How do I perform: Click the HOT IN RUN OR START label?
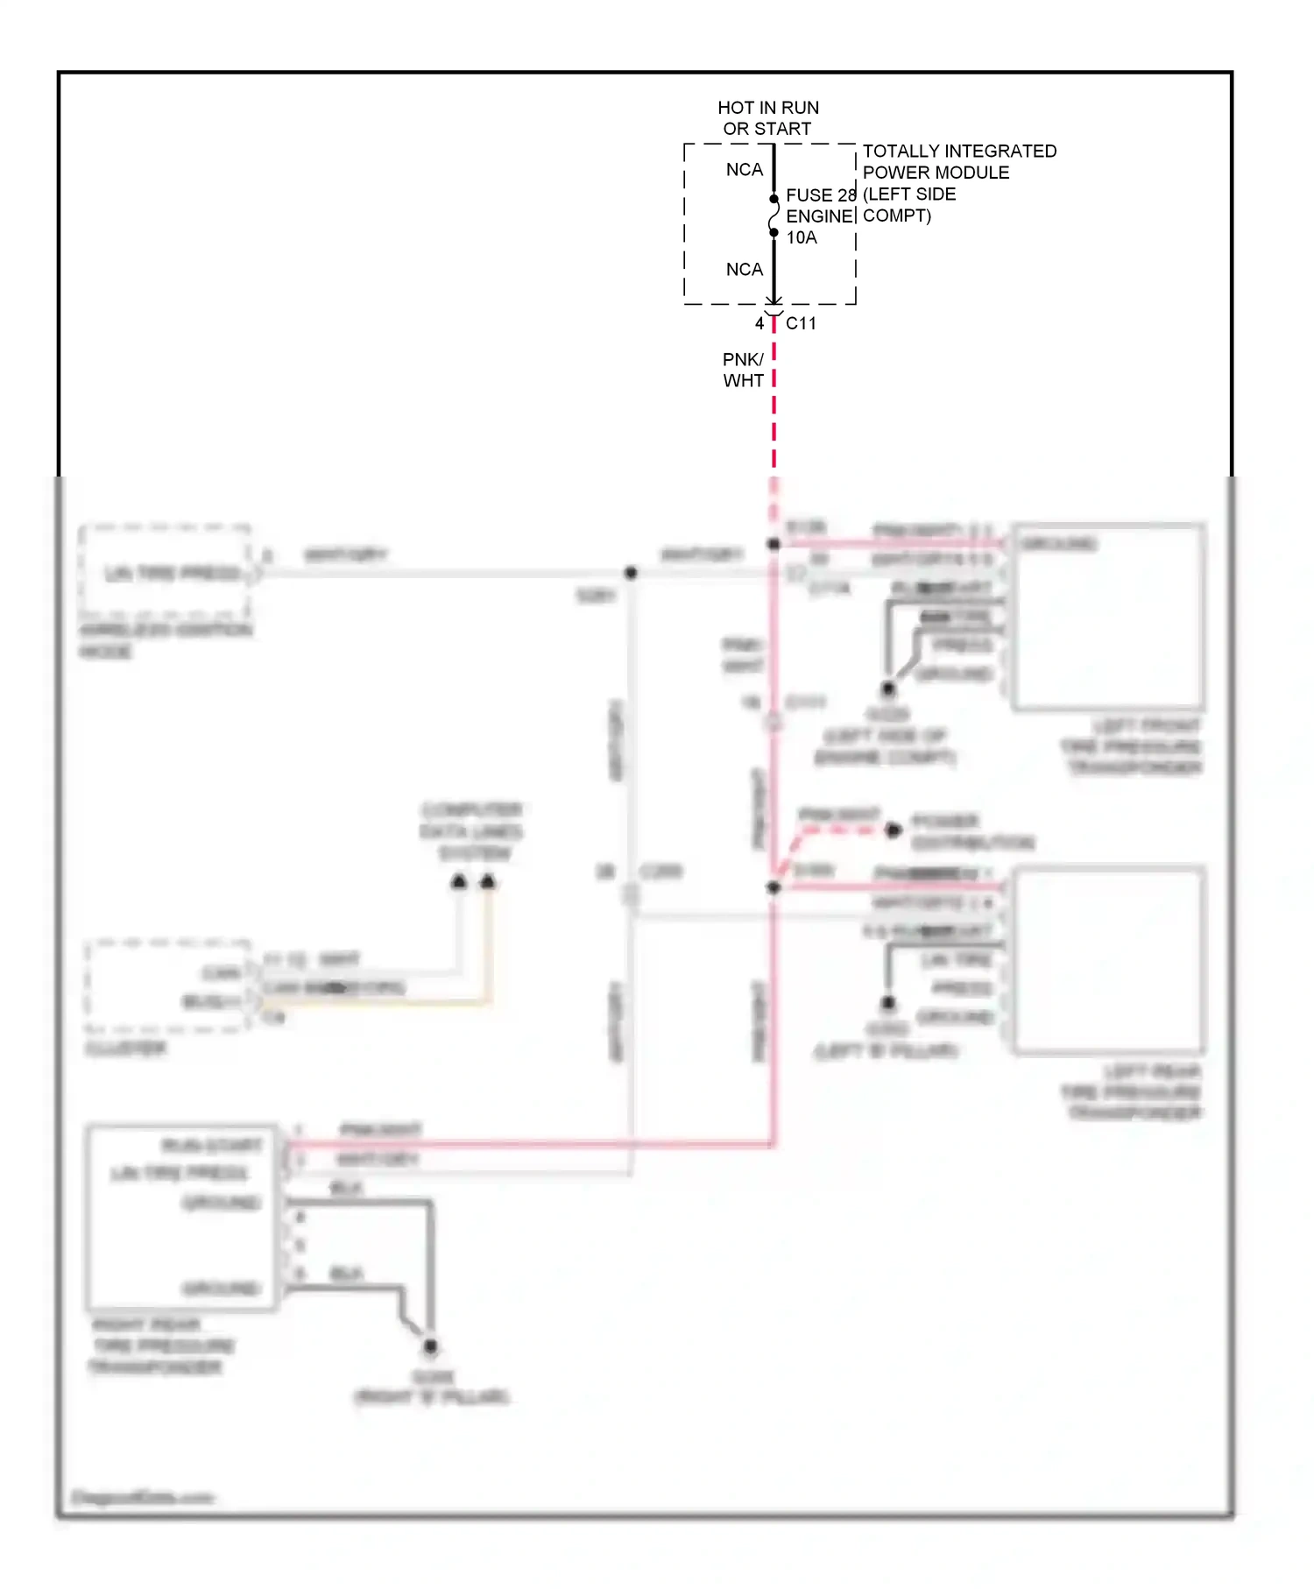[x=768, y=118]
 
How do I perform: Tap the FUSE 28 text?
[x=820, y=195]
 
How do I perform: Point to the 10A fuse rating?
[x=802, y=238]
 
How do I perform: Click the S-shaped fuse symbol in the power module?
[x=774, y=215]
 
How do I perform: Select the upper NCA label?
[x=745, y=170]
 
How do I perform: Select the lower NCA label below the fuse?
[x=745, y=270]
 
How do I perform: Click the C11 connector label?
[x=801, y=323]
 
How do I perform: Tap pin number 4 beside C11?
[x=759, y=323]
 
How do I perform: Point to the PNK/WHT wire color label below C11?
[x=744, y=370]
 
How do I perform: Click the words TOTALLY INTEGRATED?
[x=959, y=152]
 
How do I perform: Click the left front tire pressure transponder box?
[x=1107, y=617]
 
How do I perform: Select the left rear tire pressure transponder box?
[x=1108, y=960]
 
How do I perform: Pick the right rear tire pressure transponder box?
[x=182, y=1218]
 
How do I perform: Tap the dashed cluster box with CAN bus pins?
[x=167, y=985]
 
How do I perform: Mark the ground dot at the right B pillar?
[x=430, y=1346]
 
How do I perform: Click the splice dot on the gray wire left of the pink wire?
[x=631, y=573]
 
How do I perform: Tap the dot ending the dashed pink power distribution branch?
[x=893, y=830]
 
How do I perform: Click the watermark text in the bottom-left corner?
[x=142, y=1497]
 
